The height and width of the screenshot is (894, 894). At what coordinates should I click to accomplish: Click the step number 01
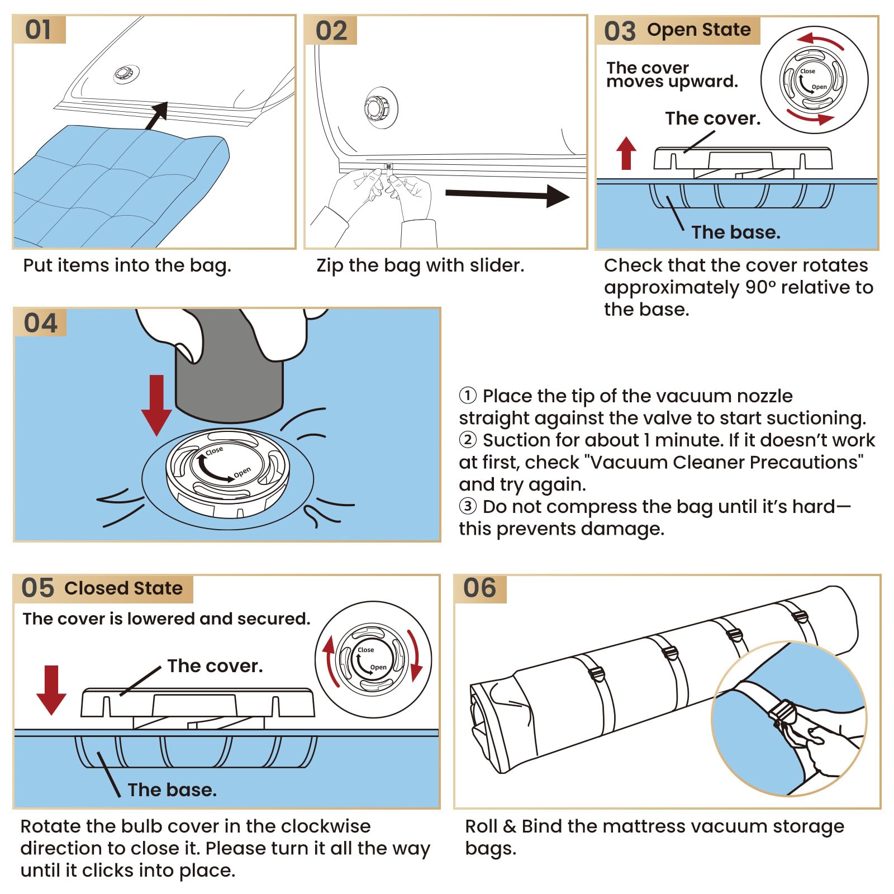[x=38, y=30]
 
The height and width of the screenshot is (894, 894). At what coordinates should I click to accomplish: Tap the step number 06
[x=479, y=588]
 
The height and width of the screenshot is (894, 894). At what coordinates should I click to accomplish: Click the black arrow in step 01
[x=157, y=115]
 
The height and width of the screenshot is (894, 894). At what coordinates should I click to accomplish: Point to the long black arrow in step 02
[x=506, y=195]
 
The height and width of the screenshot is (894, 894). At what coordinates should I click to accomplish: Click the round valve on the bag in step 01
[x=124, y=74]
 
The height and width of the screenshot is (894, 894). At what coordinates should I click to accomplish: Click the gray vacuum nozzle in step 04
[x=229, y=380]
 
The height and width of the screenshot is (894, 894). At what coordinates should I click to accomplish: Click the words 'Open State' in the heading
[x=698, y=30]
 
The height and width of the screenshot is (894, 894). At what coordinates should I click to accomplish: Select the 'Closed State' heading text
[x=123, y=588]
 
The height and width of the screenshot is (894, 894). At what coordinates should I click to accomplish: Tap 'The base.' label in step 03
[x=735, y=232]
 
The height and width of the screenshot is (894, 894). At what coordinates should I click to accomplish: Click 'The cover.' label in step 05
[x=215, y=666]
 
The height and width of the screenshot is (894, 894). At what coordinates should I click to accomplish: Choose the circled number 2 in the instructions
[x=468, y=440]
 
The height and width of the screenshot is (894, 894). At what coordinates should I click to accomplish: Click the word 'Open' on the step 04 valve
[x=242, y=473]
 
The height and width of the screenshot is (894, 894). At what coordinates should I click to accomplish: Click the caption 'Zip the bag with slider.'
[x=420, y=265]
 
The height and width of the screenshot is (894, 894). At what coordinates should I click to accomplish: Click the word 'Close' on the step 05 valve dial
[x=366, y=650]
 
